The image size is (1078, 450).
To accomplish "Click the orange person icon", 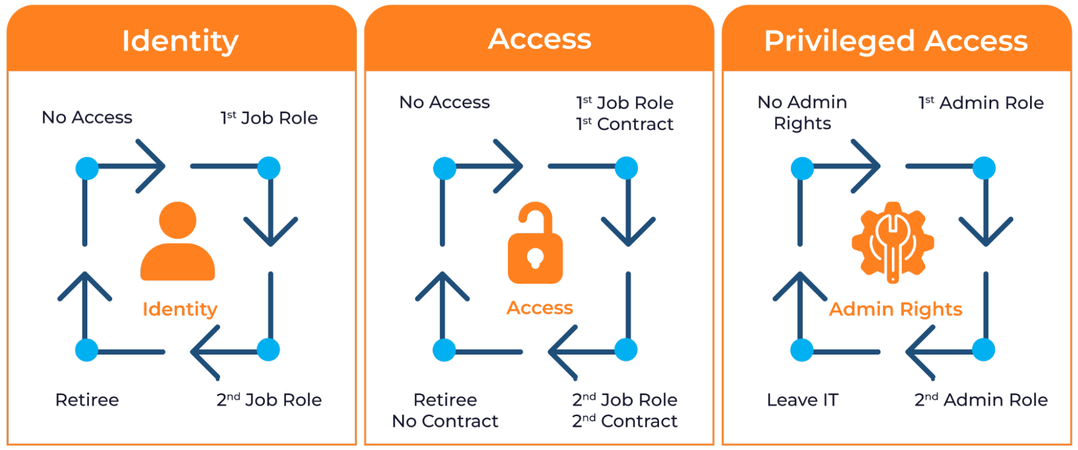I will (x=177, y=241).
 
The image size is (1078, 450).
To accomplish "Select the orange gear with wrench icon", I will (x=892, y=241).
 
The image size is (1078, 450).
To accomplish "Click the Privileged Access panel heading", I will (x=896, y=41).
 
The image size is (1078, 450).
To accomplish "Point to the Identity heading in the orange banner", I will (x=180, y=41).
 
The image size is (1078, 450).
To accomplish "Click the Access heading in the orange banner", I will (x=539, y=39).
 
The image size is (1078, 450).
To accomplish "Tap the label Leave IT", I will (x=802, y=400).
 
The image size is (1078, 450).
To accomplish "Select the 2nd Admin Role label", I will (x=981, y=400).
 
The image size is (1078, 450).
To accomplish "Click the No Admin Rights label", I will (x=802, y=113).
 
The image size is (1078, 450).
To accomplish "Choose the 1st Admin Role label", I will (x=981, y=103).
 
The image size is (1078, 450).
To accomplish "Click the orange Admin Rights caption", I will (x=895, y=309).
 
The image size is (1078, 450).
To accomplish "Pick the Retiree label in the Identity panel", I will (x=87, y=400).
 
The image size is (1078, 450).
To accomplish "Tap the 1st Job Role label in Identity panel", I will (x=269, y=118).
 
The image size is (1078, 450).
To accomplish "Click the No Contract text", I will (x=445, y=421).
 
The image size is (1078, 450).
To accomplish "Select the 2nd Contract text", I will (x=624, y=421).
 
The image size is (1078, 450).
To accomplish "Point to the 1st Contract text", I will (x=625, y=124).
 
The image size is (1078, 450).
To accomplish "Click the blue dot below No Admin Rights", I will (x=802, y=168).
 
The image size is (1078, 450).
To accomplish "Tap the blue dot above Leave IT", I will (x=802, y=350).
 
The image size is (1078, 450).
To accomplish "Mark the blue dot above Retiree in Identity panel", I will (x=86, y=350).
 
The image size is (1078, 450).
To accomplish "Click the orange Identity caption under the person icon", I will (x=180, y=309).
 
